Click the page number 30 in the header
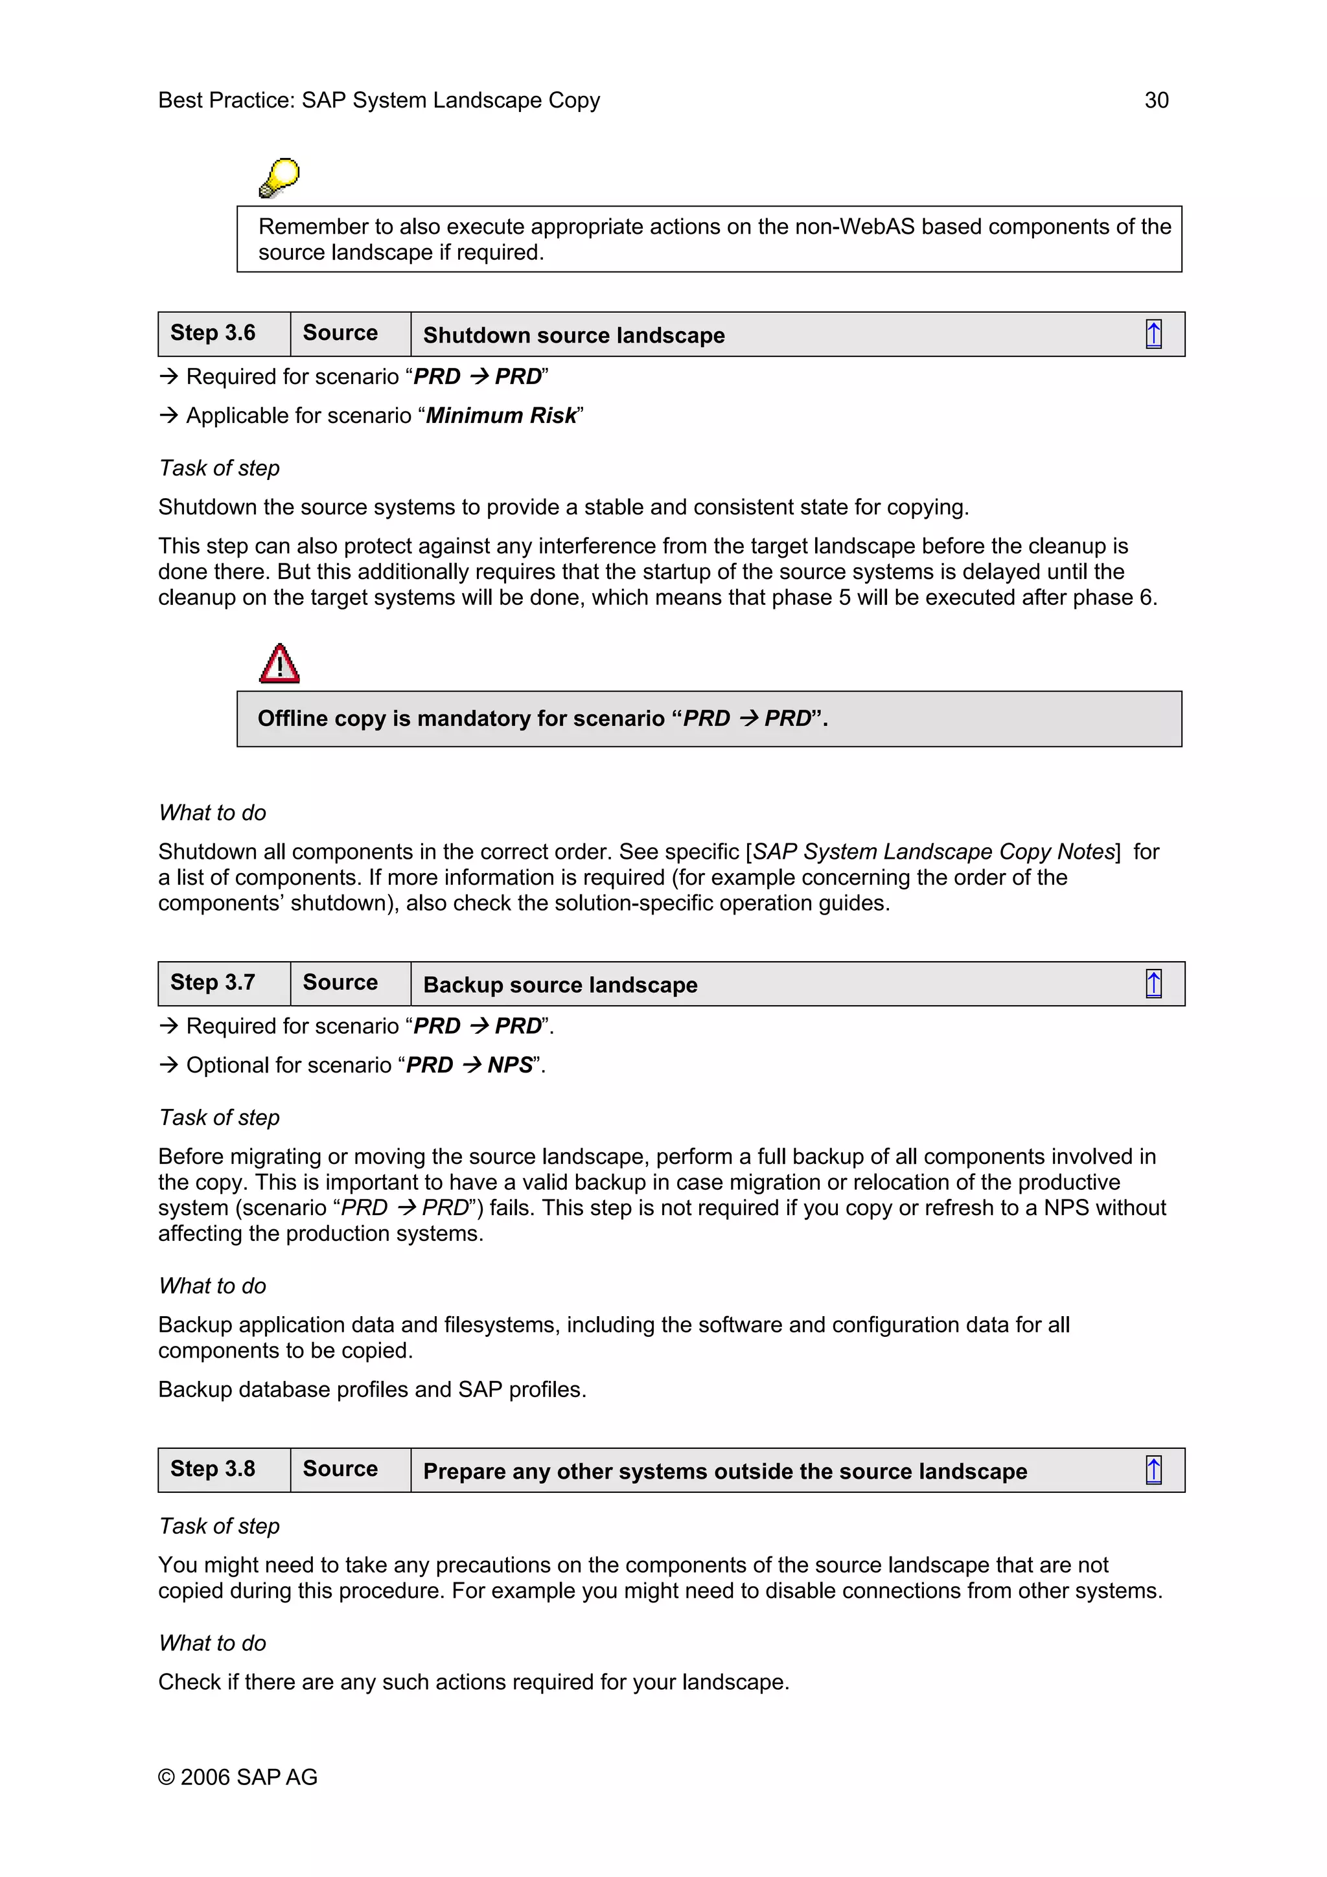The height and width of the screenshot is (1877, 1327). click(x=1155, y=100)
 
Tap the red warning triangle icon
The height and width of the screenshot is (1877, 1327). click(x=279, y=663)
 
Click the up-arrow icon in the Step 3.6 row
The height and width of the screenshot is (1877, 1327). click(x=1153, y=334)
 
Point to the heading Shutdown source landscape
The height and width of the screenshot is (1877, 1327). click(x=573, y=336)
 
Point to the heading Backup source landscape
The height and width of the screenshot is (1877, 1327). click(x=560, y=984)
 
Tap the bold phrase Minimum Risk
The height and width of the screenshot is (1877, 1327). click(x=502, y=415)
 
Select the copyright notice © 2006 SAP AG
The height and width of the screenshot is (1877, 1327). click(x=237, y=1777)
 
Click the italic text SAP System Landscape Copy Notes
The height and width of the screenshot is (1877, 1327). click(x=934, y=851)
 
